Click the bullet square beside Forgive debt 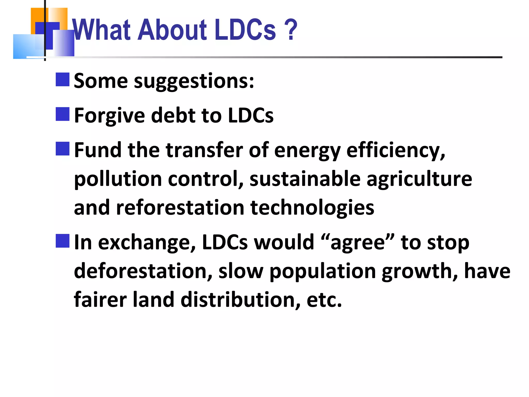63,114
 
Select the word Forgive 110,116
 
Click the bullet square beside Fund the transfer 63,149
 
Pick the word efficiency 395,151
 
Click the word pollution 118,179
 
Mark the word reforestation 180,208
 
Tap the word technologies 312,208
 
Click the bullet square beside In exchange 63,241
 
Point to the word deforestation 143,271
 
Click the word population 322,271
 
